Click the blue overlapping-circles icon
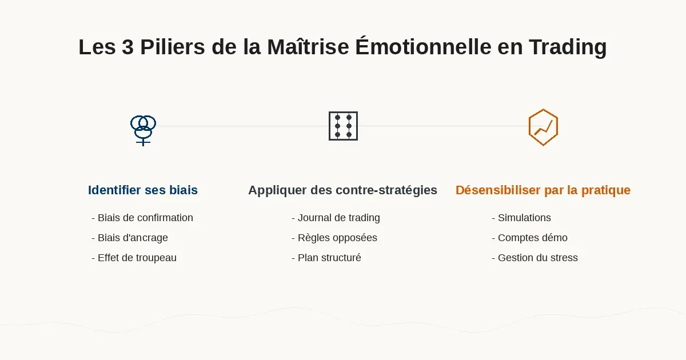pyautogui.click(x=143, y=129)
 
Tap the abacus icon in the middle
pyautogui.click(x=343, y=126)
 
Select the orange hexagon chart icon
pyautogui.click(x=543, y=127)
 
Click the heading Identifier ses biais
pyautogui.click(x=143, y=190)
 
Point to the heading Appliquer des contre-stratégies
pyautogui.click(x=342, y=190)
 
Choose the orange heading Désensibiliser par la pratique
pyautogui.click(x=543, y=190)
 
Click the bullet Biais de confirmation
pyautogui.click(x=145, y=218)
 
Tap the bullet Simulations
pyautogui.click(x=524, y=218)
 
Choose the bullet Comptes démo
pyautogui.click(x=532, y=238)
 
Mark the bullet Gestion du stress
pyautogui.click(x=537, y=258)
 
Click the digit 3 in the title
pyautogui.click(x=127, y=47)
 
